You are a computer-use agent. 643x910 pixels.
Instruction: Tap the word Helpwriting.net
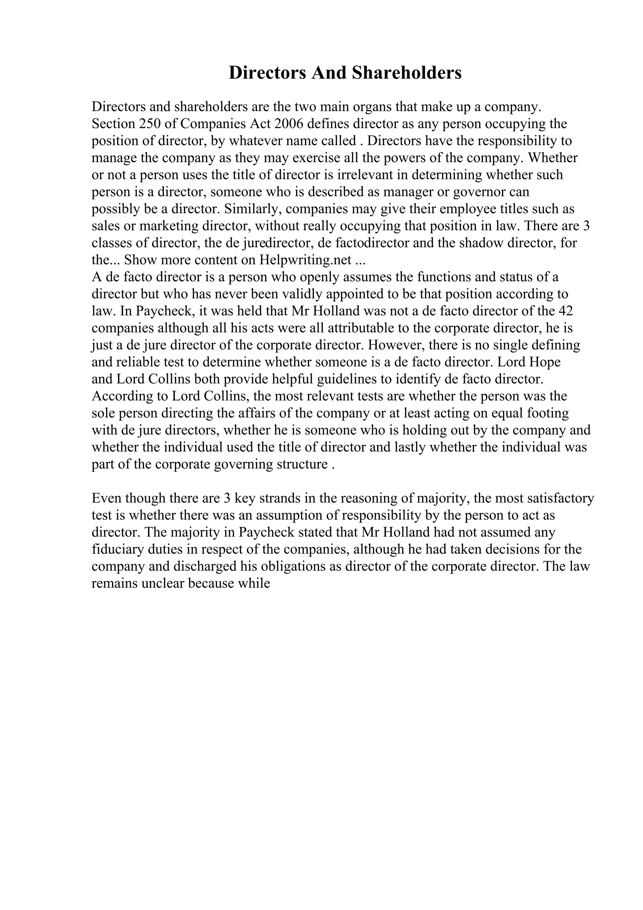[x=305, y=260]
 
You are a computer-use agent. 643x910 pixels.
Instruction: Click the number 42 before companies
[x=565, y=311]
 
